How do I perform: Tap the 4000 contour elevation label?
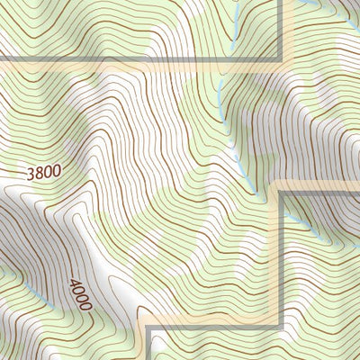click(x=79, y=294)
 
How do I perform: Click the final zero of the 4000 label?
click(x=85, y=305)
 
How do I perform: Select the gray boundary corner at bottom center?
click(x=148, y=328)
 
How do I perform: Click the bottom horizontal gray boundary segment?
click(x=216, y=327)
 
